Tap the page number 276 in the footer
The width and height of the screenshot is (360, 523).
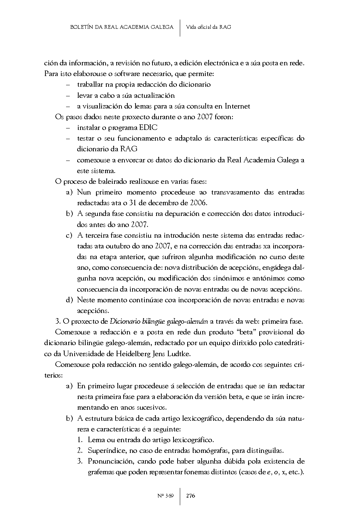click(x=191, y=496)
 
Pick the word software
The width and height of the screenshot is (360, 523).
click(x=110, y=74)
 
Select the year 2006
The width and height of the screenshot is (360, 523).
click(x=198, y=203)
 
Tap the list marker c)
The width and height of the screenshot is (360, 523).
click(x=69, y=235)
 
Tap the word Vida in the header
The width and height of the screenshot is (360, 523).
click(x=191, y=27)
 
